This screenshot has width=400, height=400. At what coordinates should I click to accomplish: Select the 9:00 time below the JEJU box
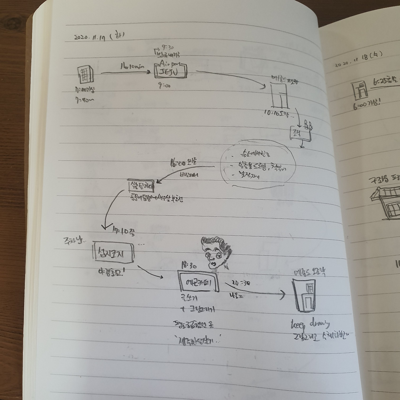point(164,85)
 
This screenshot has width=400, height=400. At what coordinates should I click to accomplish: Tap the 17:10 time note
point(124,230)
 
